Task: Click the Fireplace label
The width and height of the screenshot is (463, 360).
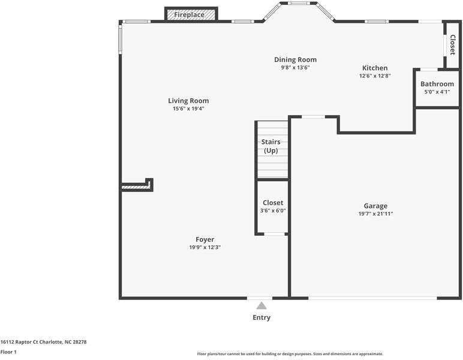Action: [189, 15]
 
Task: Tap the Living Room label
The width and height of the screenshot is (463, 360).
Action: [188, 101]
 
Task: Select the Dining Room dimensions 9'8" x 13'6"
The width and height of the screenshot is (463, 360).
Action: [295, 67]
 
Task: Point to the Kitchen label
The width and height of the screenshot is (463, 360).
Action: [375, 68]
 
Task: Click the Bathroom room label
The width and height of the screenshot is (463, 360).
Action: [437, 84]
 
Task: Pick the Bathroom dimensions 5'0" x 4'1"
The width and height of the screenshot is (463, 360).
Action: [437, 92]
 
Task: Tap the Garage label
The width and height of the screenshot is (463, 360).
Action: [375, 206]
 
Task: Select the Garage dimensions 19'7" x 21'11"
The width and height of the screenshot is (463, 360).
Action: [375, 214]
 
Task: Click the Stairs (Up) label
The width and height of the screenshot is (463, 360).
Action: [270, 146]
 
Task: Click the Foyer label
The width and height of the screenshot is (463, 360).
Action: [205, 239]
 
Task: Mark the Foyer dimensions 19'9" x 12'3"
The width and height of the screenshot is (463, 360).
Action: [205, 247]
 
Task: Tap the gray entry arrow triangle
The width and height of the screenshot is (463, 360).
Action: [261, 305]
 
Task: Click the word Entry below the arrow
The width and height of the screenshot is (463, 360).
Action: [261, 317]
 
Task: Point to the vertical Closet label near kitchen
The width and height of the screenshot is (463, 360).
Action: [452, 45]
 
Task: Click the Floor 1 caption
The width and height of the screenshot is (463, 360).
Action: [8, 352]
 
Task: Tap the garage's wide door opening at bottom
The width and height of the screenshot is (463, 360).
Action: [372, 298]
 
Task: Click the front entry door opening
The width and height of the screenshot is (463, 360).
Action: [260, 298]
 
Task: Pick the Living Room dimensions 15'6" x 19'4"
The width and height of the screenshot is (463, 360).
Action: [188, 109]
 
